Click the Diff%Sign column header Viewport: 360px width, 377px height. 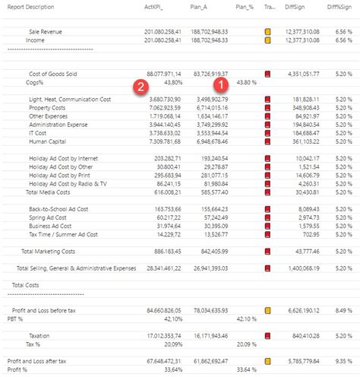click(x=339, y=6)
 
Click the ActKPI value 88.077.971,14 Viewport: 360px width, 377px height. click(x=162, y=74)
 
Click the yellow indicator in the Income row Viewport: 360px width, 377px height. click(x=267, y=40)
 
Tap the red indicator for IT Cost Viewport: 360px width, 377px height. click(x=267, y=133)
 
